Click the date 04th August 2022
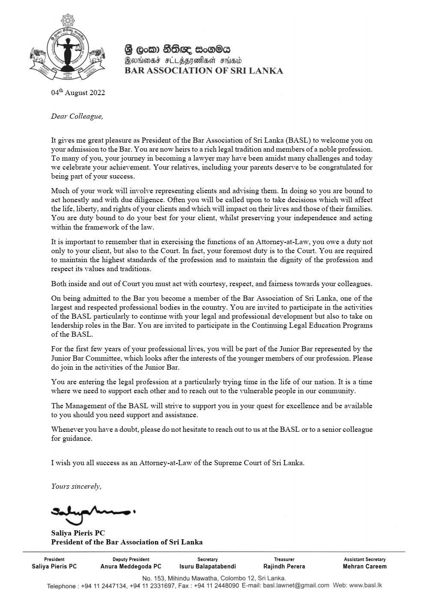[78, 93]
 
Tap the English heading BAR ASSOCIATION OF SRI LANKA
[203, 71]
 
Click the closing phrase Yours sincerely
[76, 486]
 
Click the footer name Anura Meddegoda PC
[131, 566]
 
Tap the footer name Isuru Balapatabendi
[208, 566]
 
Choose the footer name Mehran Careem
[365, 566]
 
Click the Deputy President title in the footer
[131, 559]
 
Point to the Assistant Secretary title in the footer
[365, 559]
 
